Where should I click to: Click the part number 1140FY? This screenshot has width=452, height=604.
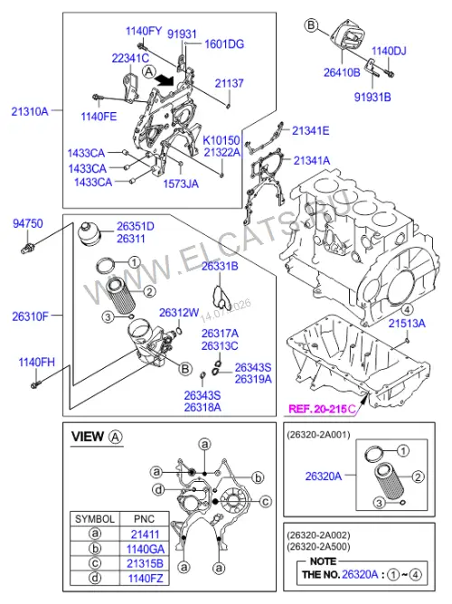144,31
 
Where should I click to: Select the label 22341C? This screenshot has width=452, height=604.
130,58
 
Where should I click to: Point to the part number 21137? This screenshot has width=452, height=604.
229,83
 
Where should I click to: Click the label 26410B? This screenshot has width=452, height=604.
342,72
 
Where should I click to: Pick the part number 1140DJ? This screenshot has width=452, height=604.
389,51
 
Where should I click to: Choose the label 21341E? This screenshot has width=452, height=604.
310,130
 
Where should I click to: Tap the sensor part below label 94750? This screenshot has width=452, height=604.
28,247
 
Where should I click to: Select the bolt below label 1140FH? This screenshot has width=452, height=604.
34,384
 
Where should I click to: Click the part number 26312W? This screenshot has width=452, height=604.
179,313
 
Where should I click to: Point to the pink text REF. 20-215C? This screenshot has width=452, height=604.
323,409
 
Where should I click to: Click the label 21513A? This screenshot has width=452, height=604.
407,323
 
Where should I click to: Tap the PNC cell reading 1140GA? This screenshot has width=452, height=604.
146,549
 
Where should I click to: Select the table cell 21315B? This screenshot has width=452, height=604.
146,563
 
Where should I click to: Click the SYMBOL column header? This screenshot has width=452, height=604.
95,519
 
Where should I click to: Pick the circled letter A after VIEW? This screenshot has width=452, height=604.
116,437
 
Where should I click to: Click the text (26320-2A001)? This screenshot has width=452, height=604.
319,435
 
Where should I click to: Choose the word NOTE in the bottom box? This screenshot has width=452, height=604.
323,562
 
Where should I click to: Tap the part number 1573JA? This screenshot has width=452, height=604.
181,184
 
